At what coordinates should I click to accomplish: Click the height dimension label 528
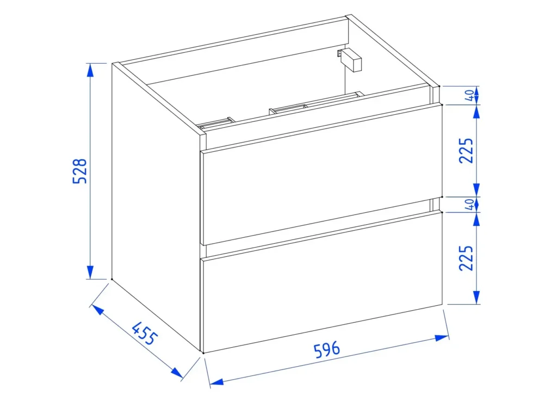[x=79, y=171]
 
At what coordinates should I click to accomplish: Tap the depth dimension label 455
[x=144, y=333]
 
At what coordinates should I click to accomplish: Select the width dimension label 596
[x=327, y=349]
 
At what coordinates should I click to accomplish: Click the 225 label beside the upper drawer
[x=466, y=150]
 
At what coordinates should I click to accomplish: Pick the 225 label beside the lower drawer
[x=466, y=258]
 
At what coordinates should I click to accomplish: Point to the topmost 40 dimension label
[x=469, y=95]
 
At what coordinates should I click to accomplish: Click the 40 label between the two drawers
[x=469, y=204]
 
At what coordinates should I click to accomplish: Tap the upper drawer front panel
[x=321, y=174]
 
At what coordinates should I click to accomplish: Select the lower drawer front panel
[x=321, y=282]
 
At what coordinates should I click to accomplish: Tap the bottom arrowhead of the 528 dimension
[x=90, y=272]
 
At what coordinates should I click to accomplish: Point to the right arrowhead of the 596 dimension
[x=442, y=337]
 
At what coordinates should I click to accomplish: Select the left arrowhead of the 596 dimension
[x=216, y=382]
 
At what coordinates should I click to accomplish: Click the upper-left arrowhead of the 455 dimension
[x=98, y=311]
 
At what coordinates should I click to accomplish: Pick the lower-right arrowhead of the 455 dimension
[x=177, y=372]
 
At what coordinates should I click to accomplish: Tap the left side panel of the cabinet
[x=156, y=208]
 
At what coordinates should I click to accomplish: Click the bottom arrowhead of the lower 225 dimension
[x=476, y=297]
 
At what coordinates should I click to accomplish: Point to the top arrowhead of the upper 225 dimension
[x=476, y=112]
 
